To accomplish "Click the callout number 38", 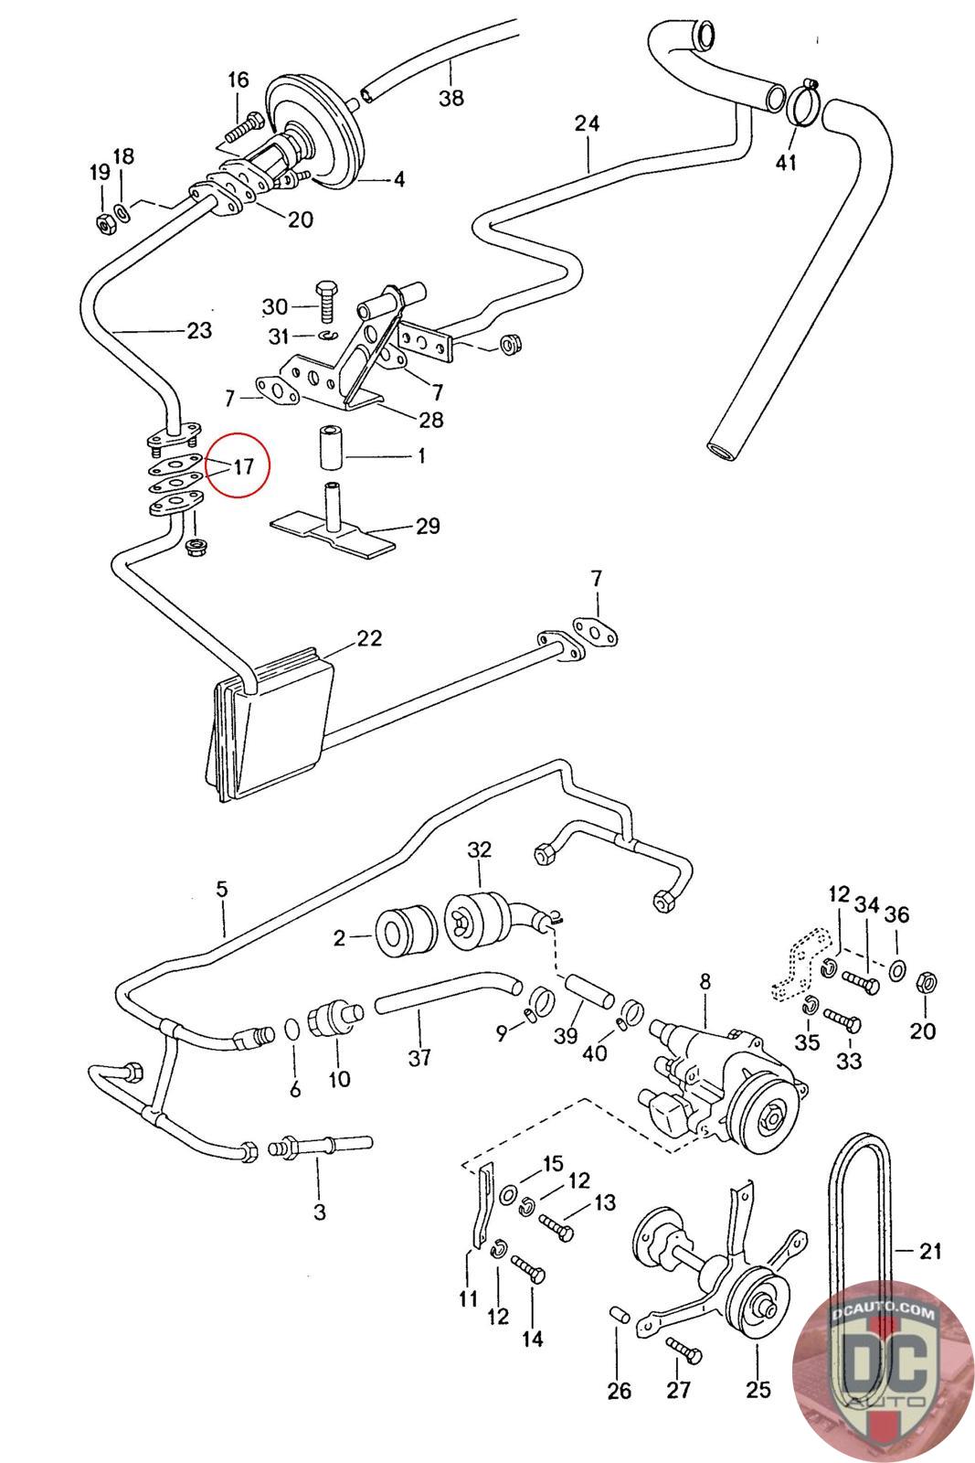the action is [451, 98].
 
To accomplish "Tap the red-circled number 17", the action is [243, 466].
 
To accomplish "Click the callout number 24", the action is [587, 123].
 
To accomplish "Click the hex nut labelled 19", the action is [105, 223].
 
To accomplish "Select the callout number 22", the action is [369, 638].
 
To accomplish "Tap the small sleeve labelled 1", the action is [330, 447].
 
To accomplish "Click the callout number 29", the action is [428, 526].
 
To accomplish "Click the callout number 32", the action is [479, 849].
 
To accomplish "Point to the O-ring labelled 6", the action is [293, 1030].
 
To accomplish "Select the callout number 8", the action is [705, 982].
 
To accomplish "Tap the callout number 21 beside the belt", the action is [930, 1250].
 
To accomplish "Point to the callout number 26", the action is [619, 1391].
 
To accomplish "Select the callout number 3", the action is [319, 1212].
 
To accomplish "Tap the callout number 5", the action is [222, 889].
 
